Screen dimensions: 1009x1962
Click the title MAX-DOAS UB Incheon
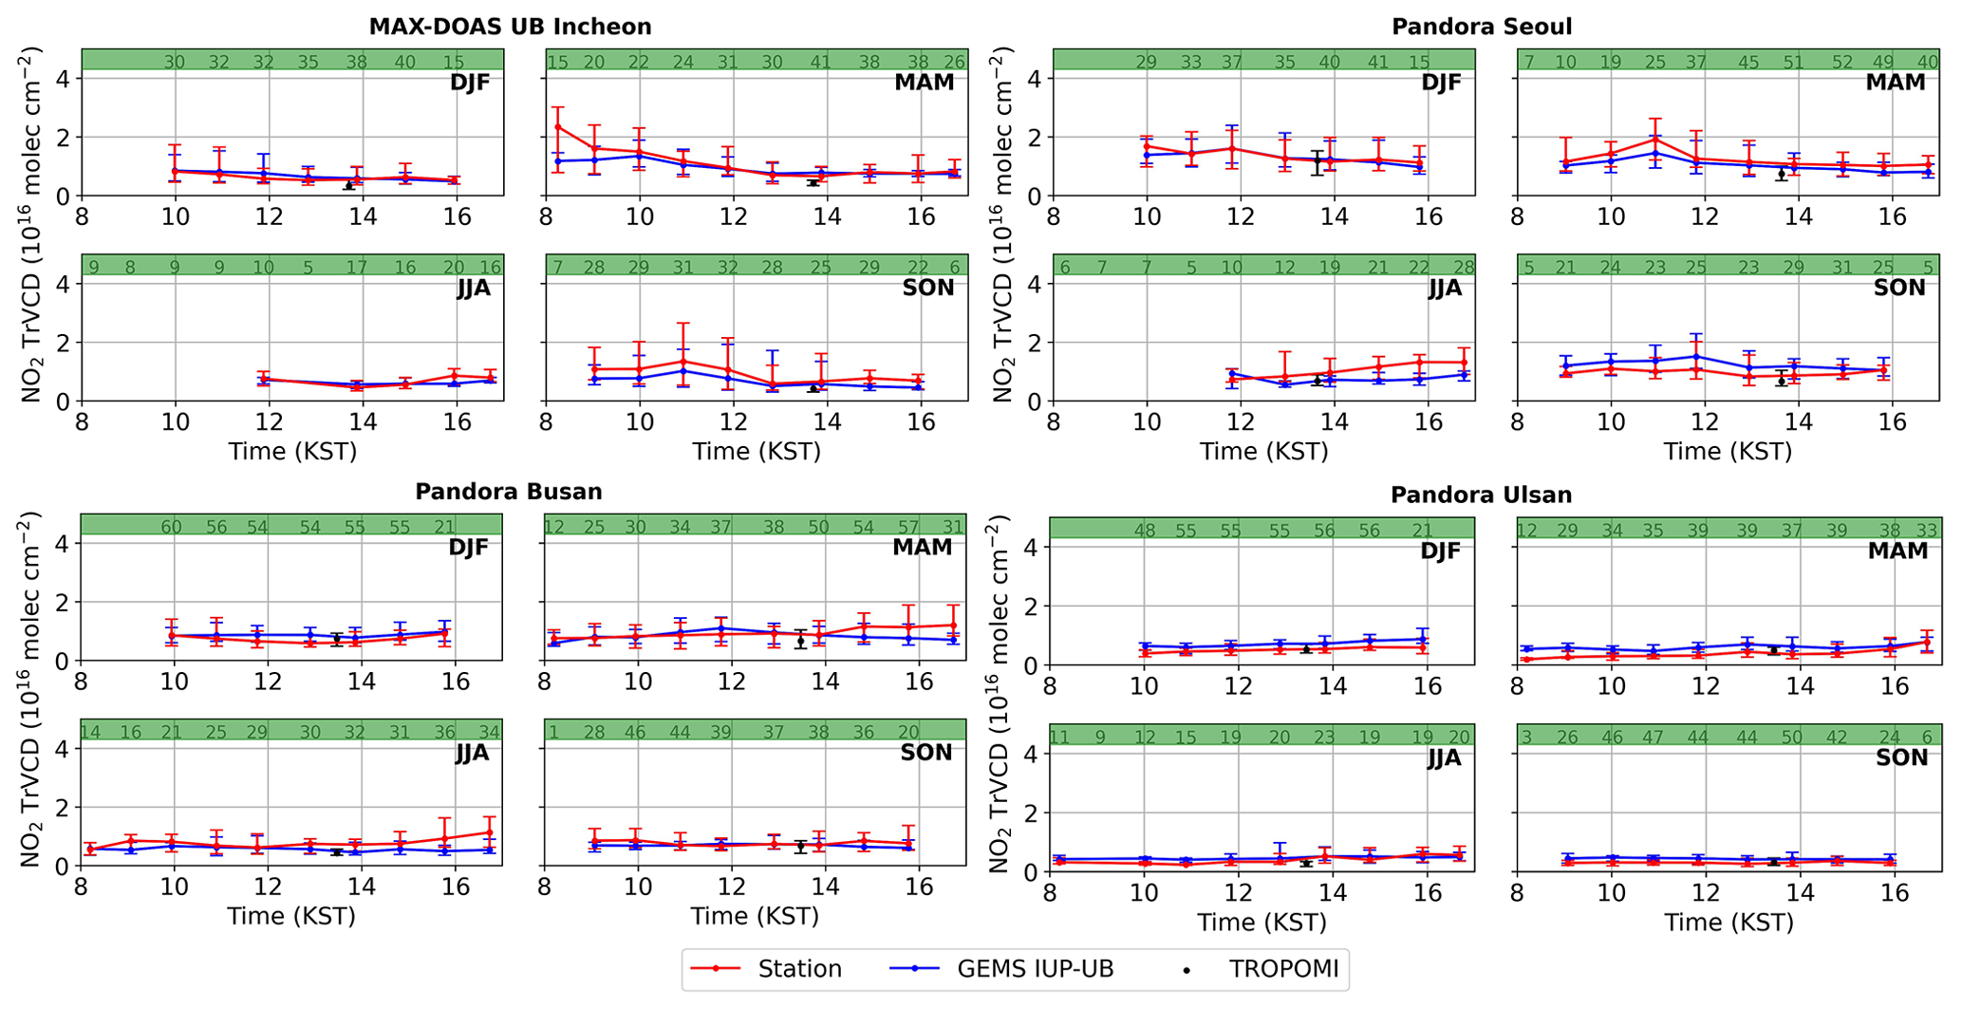(x=510, y=27)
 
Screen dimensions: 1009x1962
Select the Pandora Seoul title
(x=1482, y=27)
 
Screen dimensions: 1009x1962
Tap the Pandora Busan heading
(x=508, y=492)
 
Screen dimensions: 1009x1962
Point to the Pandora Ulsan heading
(x=1481, y=495)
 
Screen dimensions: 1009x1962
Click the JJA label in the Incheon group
(x=474, y=288)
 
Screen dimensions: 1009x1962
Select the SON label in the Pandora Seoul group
(x=1899, y=288)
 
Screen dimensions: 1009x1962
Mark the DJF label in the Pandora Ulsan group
(x=1440, y=551)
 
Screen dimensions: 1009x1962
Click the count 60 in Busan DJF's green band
(x=171, y=528)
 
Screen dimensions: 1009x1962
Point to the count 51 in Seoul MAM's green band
(x=1794, y=63)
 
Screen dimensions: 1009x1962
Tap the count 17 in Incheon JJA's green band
(x=356, y=268)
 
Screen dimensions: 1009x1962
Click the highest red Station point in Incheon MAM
(x=558, y=127)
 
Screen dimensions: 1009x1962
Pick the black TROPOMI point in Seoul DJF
(x=1317, y=161)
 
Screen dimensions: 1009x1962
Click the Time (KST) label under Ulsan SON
(x=1728, y=923)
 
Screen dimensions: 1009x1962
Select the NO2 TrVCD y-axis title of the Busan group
(x=29, y=689)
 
